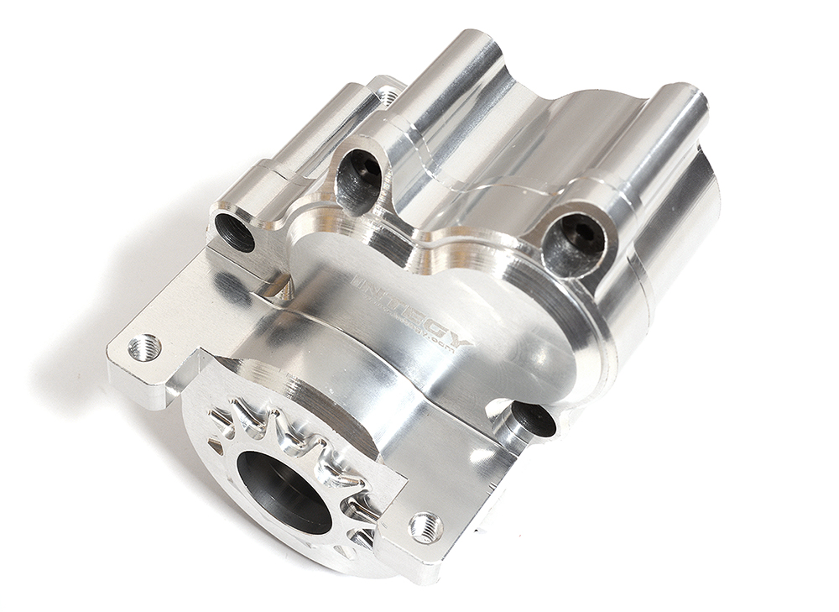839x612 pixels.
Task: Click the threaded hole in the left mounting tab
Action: coord(144,347)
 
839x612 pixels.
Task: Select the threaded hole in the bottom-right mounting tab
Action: coord(425,526)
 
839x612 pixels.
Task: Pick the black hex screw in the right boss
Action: coord(574,243)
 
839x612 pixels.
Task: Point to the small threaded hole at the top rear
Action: coord(388,97)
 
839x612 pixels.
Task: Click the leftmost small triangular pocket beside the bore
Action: coord(220,417)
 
